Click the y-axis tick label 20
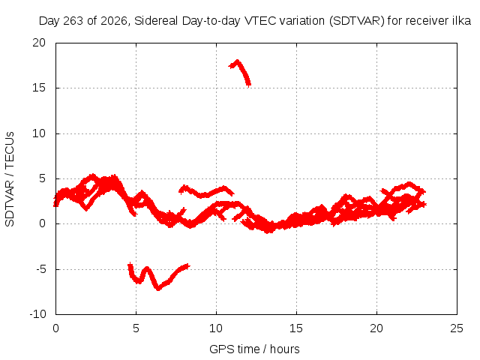39,43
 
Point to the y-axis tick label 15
39,88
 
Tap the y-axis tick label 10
39,133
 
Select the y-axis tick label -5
41,269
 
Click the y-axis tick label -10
38,314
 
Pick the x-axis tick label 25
457,328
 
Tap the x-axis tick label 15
296,328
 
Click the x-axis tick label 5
136,328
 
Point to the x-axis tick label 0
55,328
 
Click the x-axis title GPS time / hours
254,349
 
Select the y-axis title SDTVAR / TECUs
10,179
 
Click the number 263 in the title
73,21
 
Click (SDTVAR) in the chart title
357,21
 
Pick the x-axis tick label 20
376,328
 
